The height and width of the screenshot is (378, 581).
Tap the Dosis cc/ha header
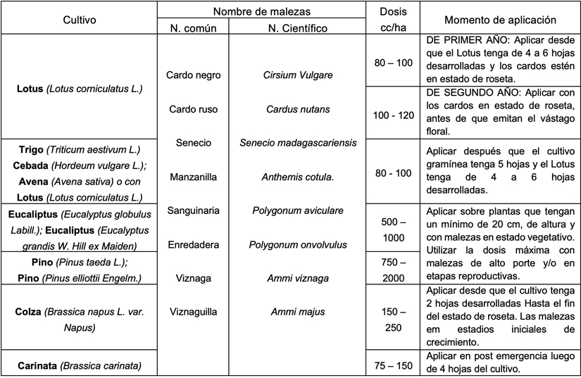click(x=393, y=19)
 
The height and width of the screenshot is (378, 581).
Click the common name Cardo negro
click(x=193, y=75)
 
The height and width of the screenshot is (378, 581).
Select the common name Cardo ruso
click(x=193, y=109)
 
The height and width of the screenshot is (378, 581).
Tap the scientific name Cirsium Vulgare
click(x=298, y=75)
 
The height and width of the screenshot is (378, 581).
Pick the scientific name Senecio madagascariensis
click(x=298, y=143)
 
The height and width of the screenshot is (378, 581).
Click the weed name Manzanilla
click(x=193, y=177)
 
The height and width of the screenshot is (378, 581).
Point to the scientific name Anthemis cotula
click(x=298, y=177)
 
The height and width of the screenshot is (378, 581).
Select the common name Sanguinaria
click(x=193, y=210)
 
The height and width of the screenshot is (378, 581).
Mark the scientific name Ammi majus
click(x=298, y=311)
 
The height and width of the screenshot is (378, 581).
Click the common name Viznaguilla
click(x=193, y=311)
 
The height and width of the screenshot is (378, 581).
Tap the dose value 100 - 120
click(x=393, y=115)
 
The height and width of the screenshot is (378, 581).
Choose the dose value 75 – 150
click(x=393, y=365)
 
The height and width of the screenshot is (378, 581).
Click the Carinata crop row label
click(x=79, y=365)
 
